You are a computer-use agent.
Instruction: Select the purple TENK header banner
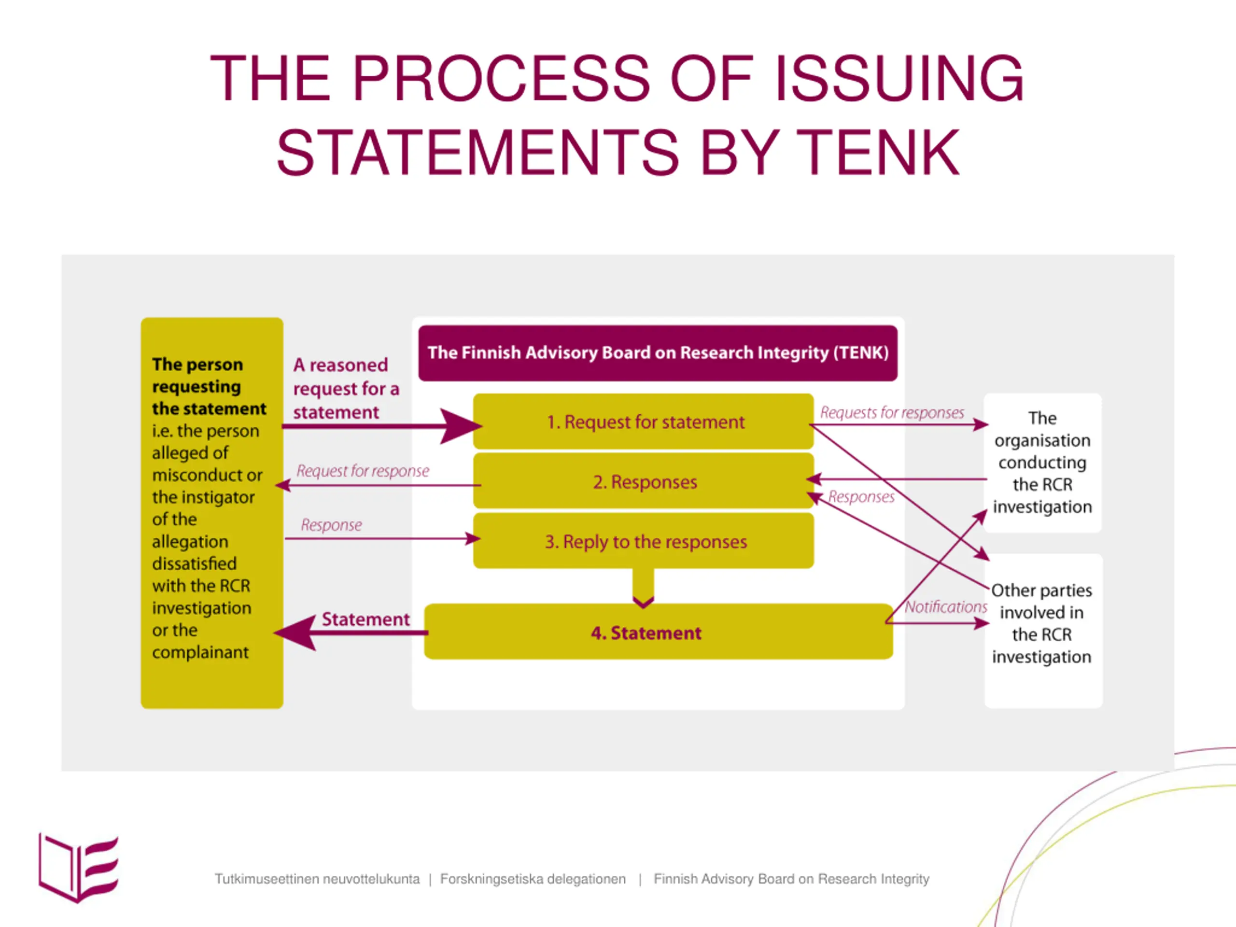pos(658,353)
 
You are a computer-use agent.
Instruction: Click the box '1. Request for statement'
pos(643,421)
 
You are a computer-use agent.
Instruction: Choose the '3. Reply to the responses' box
pos(643,541)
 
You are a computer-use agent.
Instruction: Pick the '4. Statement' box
pos(658,632)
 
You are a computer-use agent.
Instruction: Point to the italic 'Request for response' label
pos(363,471)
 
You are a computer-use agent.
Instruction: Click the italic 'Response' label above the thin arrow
pos(331,525)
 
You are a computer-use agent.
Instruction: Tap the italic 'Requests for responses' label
pos(892,413)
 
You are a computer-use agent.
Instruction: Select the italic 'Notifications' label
pos(946,607)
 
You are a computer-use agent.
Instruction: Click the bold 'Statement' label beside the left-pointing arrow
pos(365,619)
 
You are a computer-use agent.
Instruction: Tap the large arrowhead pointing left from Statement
pos(295,632)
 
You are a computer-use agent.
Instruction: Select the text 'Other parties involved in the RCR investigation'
pos(1041,624)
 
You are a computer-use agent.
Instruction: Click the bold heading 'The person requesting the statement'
pos(209,387)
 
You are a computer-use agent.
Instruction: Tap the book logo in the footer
pos(78,867)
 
